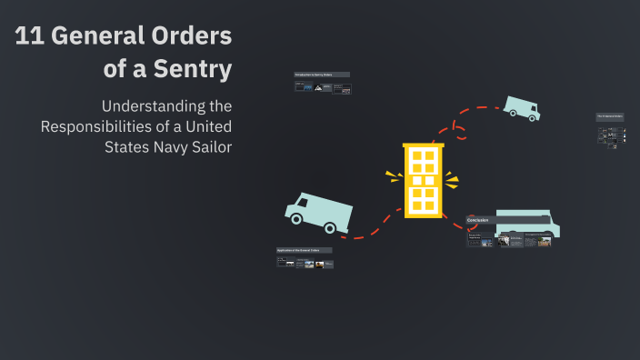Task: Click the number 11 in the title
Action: click(29, 37)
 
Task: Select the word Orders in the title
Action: click(191, 37)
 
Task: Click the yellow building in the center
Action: click(423, 179)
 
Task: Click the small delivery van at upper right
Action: click(521, 108)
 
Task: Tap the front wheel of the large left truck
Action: click(331, 227)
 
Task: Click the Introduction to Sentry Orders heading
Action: click(322, 74)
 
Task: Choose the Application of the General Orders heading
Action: click(305, 250)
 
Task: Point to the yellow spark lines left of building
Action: click(393, 176)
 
